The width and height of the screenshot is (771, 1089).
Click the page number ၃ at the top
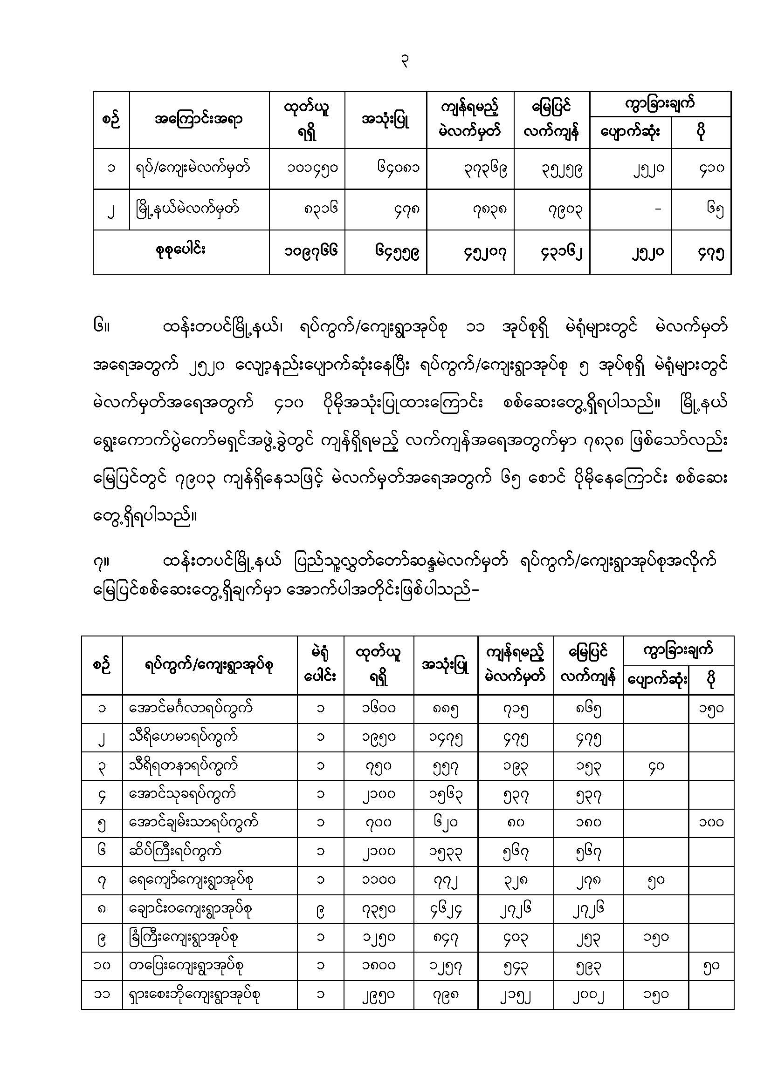point(405,61)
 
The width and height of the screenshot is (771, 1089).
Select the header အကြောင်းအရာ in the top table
point(199,120)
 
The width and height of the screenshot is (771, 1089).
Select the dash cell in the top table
point(658,209)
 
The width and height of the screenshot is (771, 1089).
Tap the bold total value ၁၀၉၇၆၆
point(311,251)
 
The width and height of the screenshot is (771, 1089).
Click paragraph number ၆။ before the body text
point(102,327)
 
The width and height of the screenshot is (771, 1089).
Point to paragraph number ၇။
point(102,562)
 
